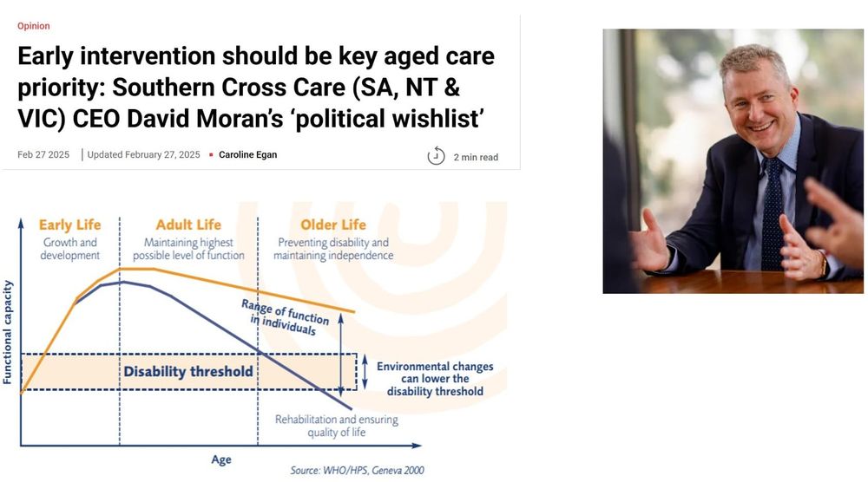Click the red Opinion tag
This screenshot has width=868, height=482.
34,26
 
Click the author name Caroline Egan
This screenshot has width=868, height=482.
247,155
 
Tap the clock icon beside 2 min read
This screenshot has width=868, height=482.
436,156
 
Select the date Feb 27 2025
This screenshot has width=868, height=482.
43,155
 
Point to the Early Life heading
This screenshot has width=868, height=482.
69,225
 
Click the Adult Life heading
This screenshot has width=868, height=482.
188,225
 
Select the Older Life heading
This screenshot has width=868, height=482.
332,225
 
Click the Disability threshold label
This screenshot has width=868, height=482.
188,372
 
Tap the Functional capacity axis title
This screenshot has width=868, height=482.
9,331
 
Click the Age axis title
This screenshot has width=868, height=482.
221,459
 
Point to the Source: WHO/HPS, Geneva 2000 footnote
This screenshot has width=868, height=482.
357,471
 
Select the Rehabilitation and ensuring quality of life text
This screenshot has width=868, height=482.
337,426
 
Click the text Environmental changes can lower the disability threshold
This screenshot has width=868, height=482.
435,379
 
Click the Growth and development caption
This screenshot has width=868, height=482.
70,249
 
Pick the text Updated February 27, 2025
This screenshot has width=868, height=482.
143,155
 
